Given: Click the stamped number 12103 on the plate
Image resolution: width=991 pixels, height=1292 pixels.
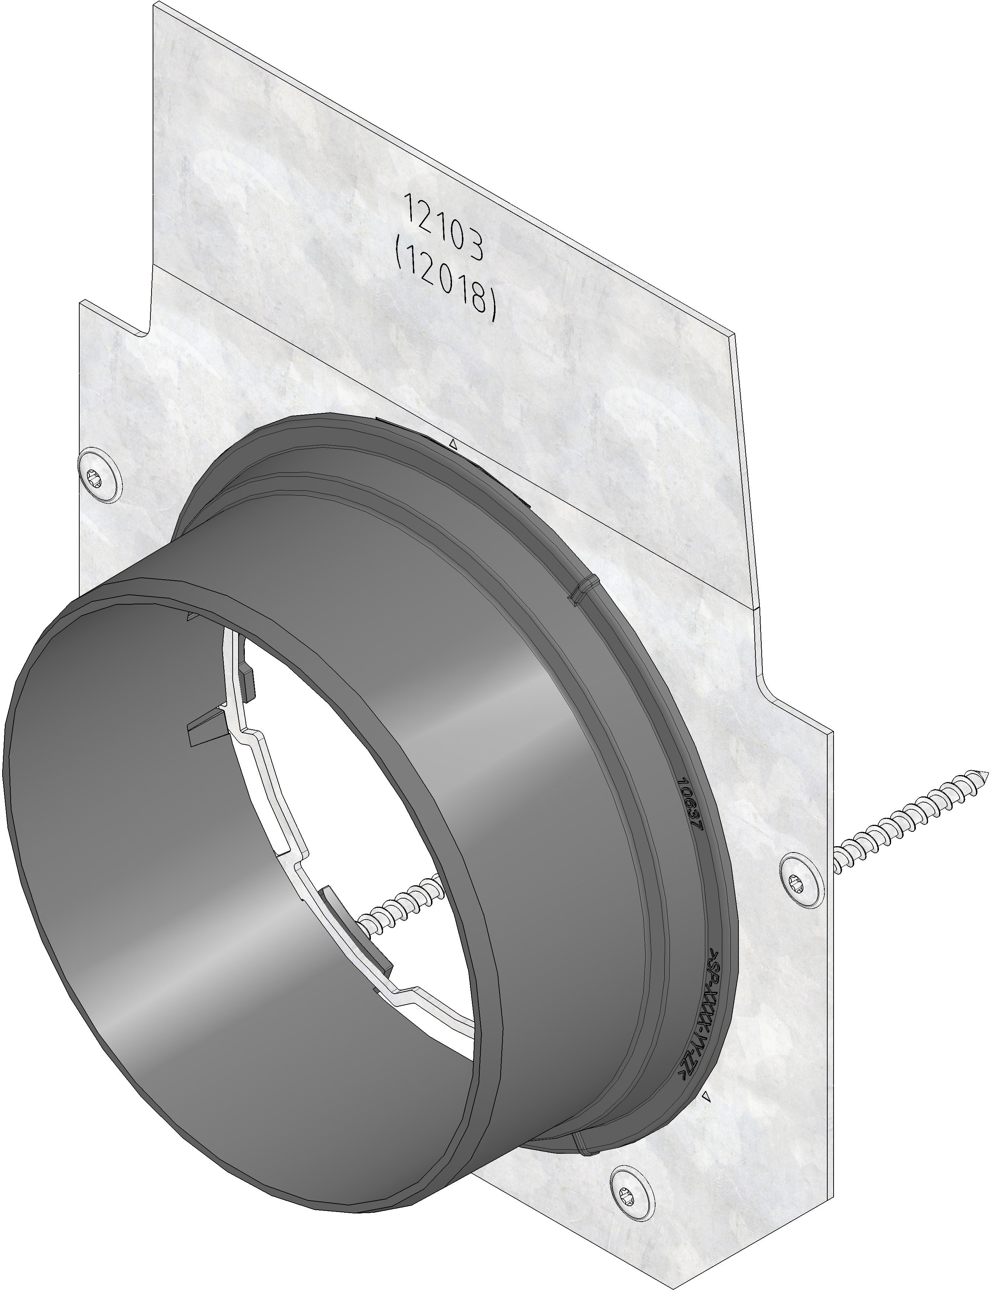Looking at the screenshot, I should coord(444,227).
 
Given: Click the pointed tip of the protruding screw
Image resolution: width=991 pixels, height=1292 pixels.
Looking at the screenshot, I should coord(984,773).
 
